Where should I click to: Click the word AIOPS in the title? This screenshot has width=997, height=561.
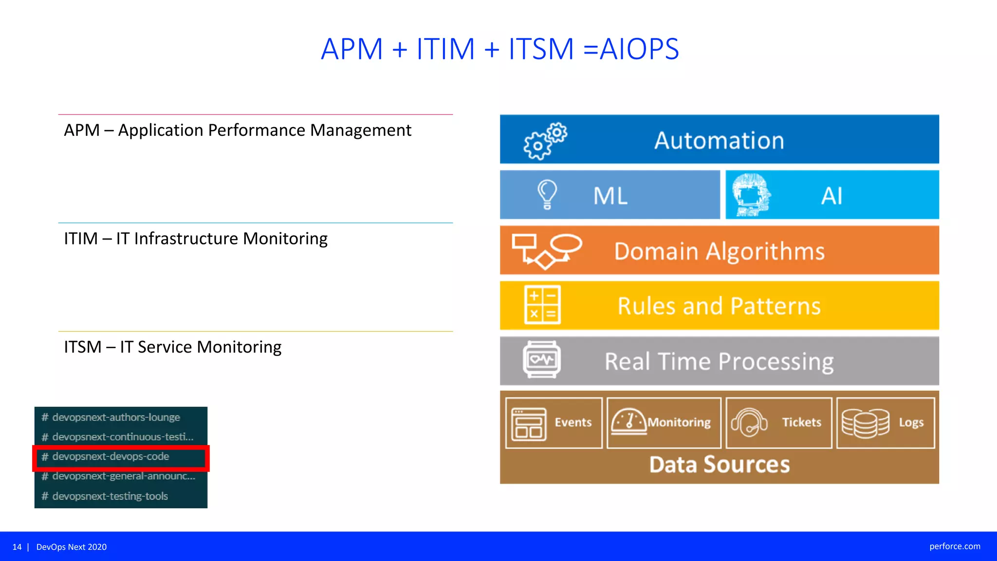[x=639, y=49]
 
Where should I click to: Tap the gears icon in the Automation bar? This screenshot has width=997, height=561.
[x=545, y=141]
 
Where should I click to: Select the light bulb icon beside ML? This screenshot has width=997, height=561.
[x=547, y=194]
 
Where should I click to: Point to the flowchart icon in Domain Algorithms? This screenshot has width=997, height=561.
[x=546, y=251]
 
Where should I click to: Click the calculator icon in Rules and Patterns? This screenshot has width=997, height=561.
[x=542, y=305]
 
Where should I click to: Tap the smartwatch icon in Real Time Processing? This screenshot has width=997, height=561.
[x=541, y=360]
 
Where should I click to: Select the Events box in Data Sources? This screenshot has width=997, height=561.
[x=554, y=422]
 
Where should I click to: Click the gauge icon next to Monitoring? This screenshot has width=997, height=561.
[x=628, y=421]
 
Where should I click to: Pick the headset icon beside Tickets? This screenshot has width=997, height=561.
[x=749, y=422]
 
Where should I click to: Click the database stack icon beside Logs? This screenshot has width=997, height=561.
[x=865, y=423]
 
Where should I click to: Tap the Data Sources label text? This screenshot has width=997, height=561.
[x=719, y=465]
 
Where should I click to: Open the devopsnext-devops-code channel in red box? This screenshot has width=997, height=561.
[x=111, y=457]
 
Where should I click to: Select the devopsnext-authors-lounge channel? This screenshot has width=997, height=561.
[x=116, y=417]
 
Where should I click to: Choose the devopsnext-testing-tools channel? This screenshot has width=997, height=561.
[x=110, y=496]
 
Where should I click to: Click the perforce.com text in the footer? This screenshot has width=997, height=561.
[x=955, y=546]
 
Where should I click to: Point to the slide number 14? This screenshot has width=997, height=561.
[x=17, y=547]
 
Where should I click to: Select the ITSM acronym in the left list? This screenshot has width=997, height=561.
[x=82, y=347]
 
